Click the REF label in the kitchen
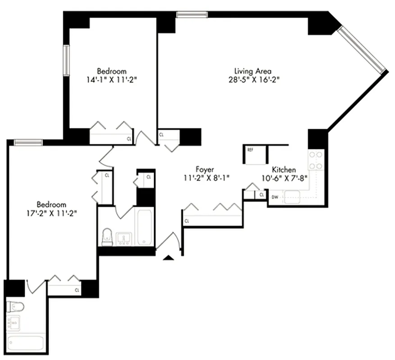point(250,150)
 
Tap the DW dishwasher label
point(275,197)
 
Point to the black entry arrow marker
point(168,258)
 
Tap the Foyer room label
point(204,169)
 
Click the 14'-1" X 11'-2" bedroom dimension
point(112,80)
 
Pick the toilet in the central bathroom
point(107,237)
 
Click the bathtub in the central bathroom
point(145,227)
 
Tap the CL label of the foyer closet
point(186,221)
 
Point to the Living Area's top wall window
point(192,14)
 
